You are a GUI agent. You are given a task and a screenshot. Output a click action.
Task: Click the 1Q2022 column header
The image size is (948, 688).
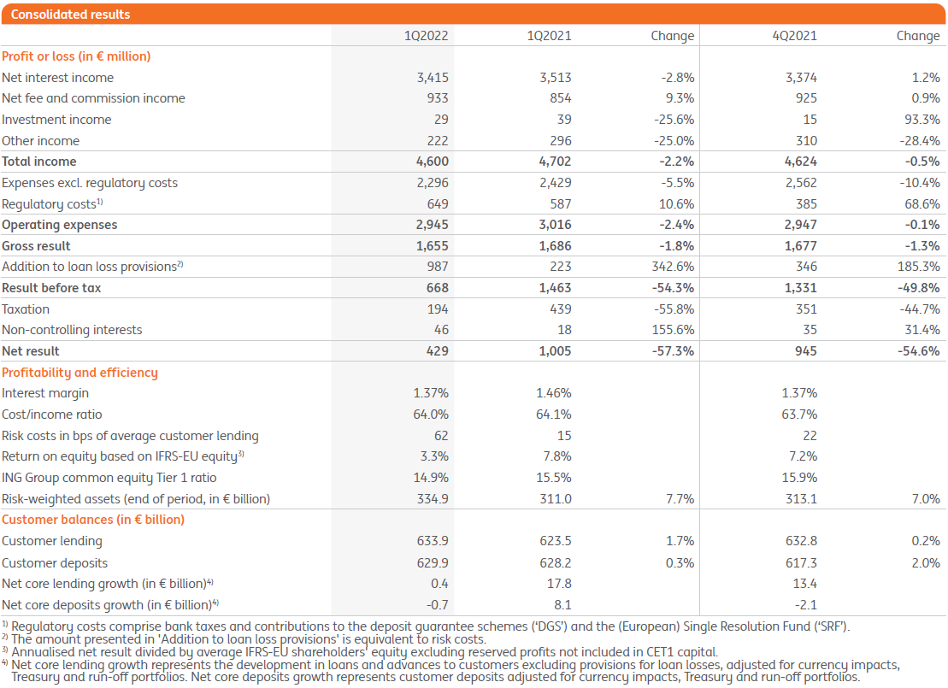427,36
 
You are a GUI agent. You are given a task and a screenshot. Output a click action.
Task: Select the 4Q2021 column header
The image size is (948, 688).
795,36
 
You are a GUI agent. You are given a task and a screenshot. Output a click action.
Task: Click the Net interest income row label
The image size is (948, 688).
57,78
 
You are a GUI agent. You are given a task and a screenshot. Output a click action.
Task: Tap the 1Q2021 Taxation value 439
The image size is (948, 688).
560,309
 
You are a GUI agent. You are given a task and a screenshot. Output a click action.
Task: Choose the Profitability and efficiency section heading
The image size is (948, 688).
79,373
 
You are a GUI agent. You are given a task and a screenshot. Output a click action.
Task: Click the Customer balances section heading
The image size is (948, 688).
93,520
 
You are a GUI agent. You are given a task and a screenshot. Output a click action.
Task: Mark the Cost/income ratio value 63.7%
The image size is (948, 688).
799,415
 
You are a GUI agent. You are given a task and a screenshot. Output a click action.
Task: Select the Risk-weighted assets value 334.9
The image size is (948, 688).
432,499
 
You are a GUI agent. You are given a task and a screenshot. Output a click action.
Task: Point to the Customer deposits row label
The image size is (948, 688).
52,563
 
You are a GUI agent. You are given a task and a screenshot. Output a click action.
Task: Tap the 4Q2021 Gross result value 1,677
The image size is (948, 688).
800,246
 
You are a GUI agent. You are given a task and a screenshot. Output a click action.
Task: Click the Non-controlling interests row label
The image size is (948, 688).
72,330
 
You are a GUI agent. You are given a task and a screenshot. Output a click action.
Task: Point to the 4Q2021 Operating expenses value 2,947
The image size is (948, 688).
799,225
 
